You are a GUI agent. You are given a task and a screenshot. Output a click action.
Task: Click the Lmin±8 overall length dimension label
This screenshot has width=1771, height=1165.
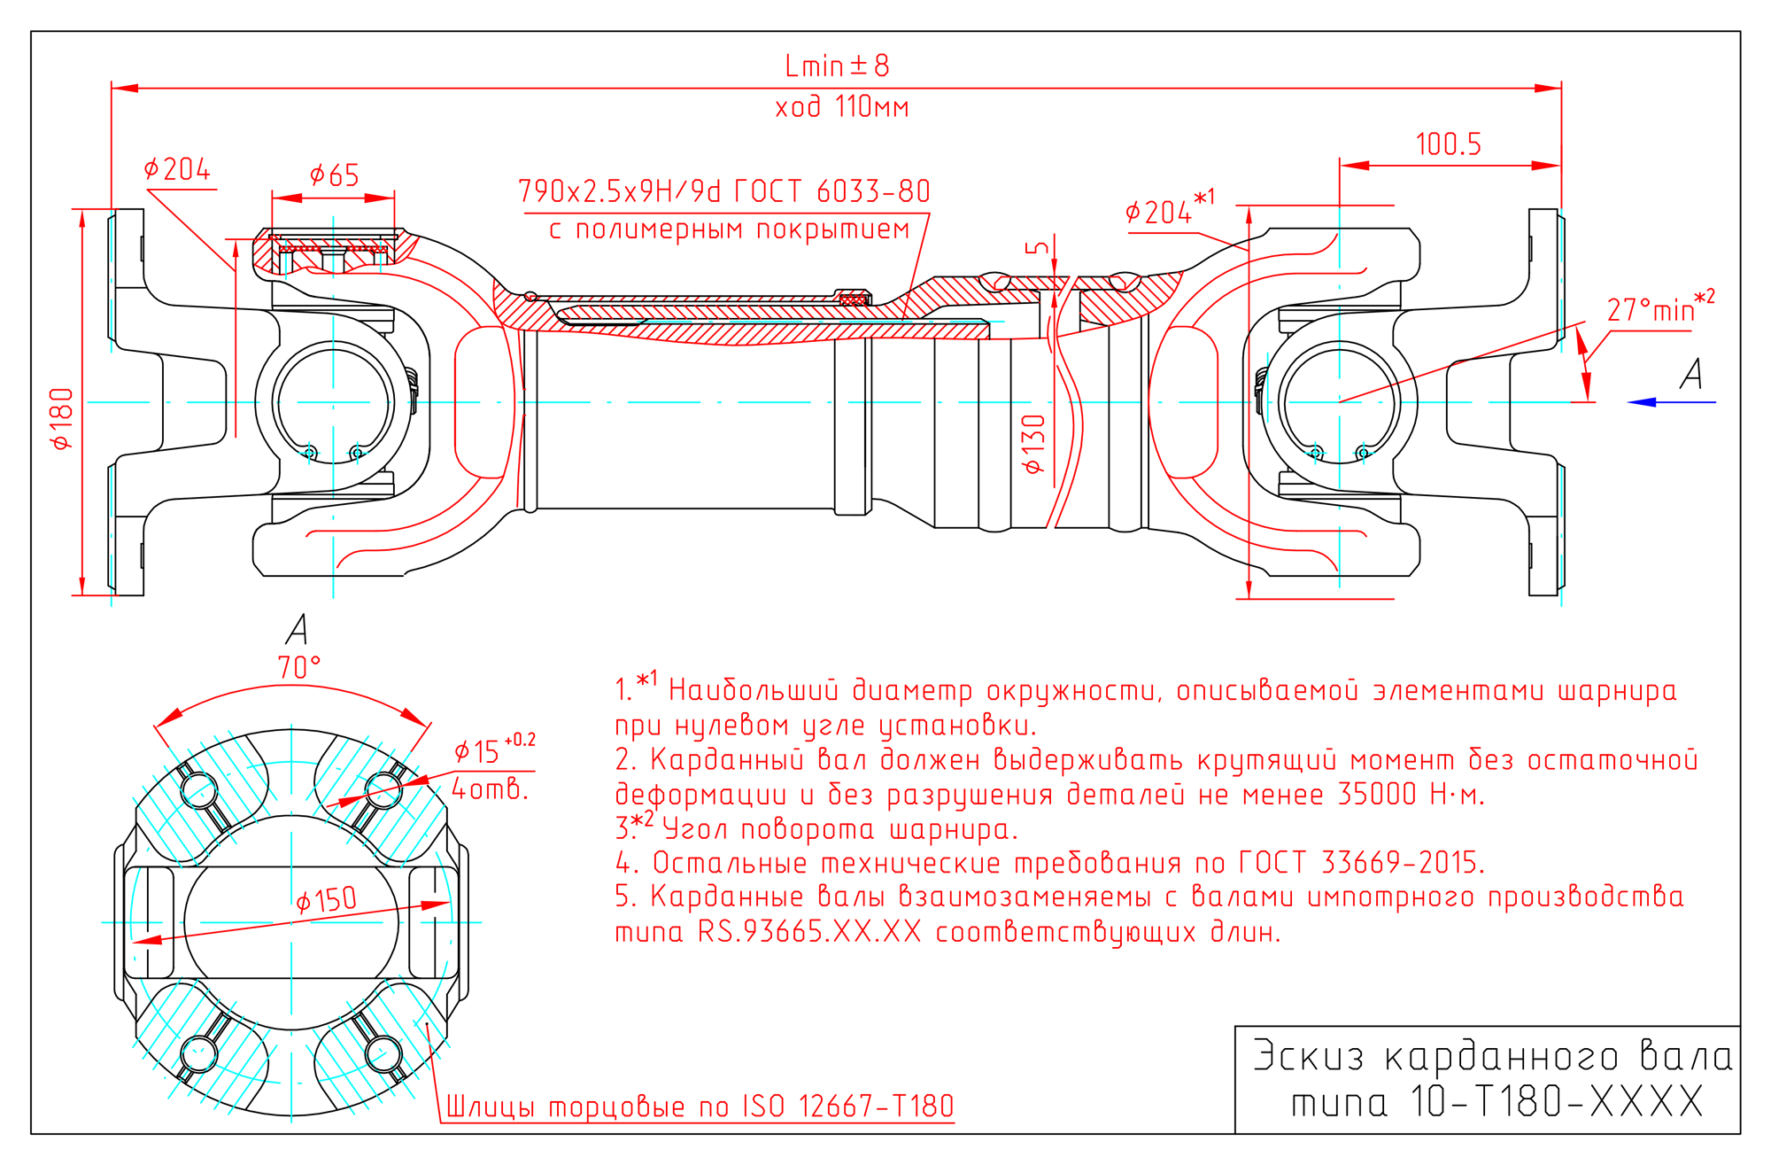point(837,66)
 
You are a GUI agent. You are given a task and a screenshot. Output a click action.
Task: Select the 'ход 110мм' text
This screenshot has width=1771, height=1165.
point(842,107)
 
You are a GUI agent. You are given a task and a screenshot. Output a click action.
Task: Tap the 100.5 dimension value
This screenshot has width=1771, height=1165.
point(1448,144)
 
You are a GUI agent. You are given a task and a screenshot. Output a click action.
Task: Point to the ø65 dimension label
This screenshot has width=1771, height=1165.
point(334,175)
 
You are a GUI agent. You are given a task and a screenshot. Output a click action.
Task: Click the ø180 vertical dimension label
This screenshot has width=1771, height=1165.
point(62,418)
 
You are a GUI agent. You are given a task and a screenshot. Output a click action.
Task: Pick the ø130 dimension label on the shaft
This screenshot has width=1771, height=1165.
point(1033,444)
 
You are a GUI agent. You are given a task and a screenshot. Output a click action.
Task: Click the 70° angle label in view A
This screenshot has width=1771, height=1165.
point(299,667)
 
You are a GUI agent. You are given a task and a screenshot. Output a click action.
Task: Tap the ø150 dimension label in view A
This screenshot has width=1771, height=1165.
point(326,900)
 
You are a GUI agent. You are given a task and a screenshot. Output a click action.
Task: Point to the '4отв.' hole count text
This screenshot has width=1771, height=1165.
point(490,788)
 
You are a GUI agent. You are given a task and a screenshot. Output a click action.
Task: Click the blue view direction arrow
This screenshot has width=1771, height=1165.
point(1670,402)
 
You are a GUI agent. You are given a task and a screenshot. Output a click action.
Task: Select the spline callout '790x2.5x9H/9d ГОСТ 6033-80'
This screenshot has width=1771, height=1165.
point(723,191)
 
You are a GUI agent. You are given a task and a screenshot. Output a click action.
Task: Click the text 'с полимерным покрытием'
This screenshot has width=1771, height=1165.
point(729,229)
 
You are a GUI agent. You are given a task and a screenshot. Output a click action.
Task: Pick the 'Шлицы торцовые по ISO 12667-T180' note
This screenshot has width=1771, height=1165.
point(700,1107)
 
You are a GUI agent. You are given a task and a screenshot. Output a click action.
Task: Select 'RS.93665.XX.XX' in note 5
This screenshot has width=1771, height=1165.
point(809,932)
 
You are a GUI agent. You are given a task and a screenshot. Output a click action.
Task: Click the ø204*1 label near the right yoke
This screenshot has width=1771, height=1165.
point(1169,211)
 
